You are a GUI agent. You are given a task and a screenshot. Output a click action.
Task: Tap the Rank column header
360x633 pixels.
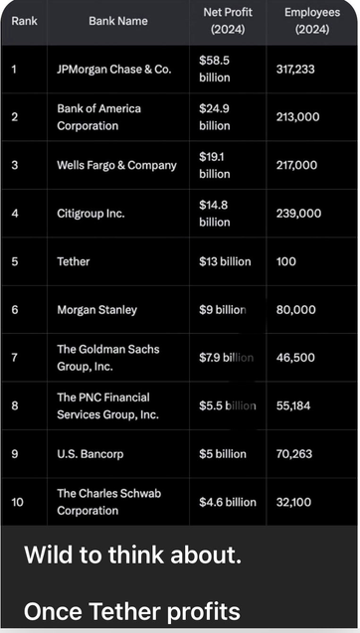[24, 21]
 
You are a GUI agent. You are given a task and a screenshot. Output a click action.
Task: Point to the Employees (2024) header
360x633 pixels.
[311, 21]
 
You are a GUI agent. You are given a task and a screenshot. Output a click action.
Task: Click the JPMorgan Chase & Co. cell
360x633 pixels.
[113, 70]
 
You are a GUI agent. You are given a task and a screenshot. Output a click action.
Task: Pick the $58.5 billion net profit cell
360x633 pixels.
[215, 70]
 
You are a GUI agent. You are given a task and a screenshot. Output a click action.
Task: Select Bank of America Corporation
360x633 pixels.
[99, 117]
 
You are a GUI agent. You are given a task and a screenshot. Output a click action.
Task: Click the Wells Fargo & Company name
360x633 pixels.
[116, 165]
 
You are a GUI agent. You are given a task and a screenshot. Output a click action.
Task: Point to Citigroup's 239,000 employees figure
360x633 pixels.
[298, 213]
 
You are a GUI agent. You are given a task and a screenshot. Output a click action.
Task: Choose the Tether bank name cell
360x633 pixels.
[74, 261]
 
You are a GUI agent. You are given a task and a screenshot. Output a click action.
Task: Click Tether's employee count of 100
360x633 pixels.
[286, 261]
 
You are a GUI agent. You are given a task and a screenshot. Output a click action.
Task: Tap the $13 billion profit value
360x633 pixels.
[225, 261]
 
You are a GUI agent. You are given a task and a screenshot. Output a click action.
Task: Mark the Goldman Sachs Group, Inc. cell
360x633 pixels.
[107, 358]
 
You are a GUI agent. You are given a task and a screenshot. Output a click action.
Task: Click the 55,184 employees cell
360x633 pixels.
[294, 405]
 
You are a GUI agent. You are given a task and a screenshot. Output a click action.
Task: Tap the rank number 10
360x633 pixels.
[18, 502]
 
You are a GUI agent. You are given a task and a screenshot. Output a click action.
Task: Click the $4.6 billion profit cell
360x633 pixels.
[228, 502]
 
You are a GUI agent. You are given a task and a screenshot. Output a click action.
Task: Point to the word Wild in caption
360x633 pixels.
[50, 555]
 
